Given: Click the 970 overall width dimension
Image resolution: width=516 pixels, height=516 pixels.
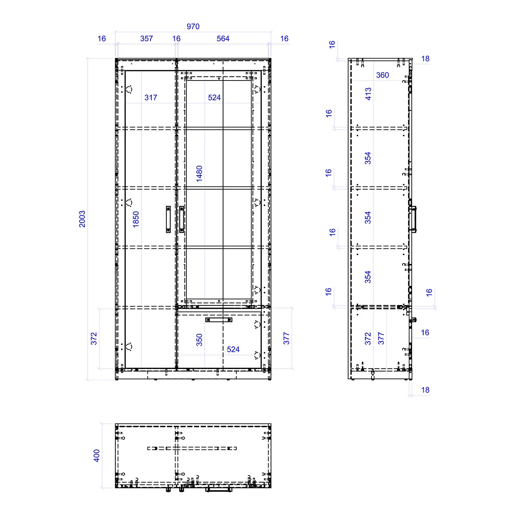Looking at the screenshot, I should point(193,26).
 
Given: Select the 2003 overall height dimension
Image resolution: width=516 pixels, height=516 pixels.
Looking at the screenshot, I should point(82,219).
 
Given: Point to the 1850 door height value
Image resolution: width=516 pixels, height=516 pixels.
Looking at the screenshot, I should point(136,219).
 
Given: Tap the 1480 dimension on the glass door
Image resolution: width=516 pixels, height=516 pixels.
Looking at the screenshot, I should point(200,174).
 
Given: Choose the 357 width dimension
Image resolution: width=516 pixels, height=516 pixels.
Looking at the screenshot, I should point(147,39).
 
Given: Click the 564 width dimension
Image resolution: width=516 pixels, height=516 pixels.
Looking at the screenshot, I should point(223,39).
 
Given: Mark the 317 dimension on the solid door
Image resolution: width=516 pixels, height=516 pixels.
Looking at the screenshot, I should point(151,98).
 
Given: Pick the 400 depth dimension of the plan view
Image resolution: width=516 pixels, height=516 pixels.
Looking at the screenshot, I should point(97,455).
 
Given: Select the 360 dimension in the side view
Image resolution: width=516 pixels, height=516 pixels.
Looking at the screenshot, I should point(383,75).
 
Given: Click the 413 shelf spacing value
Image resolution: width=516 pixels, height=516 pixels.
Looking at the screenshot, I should point(368,94).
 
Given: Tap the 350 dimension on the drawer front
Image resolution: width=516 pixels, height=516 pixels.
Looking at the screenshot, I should point(200,340).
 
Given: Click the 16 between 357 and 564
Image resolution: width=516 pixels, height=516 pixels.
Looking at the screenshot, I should point(176,39).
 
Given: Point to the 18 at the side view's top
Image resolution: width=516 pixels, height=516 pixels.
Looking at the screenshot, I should point(426,59).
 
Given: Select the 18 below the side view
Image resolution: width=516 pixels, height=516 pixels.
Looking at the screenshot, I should point(426,390).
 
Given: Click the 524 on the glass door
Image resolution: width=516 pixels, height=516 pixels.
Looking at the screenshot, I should point(214,98).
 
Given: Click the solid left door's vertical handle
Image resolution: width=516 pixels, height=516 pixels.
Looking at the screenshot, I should point(168,219).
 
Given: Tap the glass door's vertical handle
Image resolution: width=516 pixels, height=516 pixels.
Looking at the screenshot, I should point(182,219).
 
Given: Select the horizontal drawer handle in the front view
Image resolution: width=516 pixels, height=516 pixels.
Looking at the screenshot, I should point(219,320).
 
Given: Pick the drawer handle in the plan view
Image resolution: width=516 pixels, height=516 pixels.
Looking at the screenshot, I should point(218,488).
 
